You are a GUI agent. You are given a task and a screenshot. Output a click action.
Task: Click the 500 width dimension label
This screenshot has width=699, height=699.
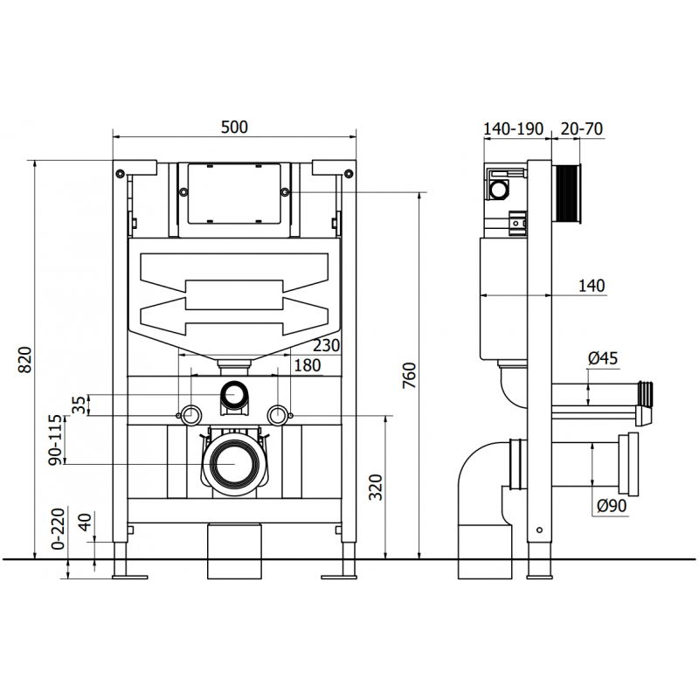click(x=234, y=127)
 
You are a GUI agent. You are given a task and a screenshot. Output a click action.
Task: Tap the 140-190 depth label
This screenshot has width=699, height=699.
click(x=514, y=128)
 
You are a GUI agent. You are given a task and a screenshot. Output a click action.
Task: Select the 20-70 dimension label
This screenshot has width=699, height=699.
click(x=581, y=128)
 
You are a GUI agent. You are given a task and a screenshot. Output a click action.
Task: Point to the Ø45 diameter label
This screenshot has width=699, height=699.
click(x=603, y=357)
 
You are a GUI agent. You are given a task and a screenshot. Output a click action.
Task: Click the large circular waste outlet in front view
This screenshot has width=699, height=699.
click(x=234, y=462)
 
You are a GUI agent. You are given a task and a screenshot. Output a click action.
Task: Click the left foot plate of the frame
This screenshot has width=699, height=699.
click(x=128, y=574)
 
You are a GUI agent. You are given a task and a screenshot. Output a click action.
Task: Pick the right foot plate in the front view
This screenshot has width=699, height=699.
click(x=340, y=574)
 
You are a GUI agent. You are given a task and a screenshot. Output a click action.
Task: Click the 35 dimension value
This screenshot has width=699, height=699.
click(x=79, y=405)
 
